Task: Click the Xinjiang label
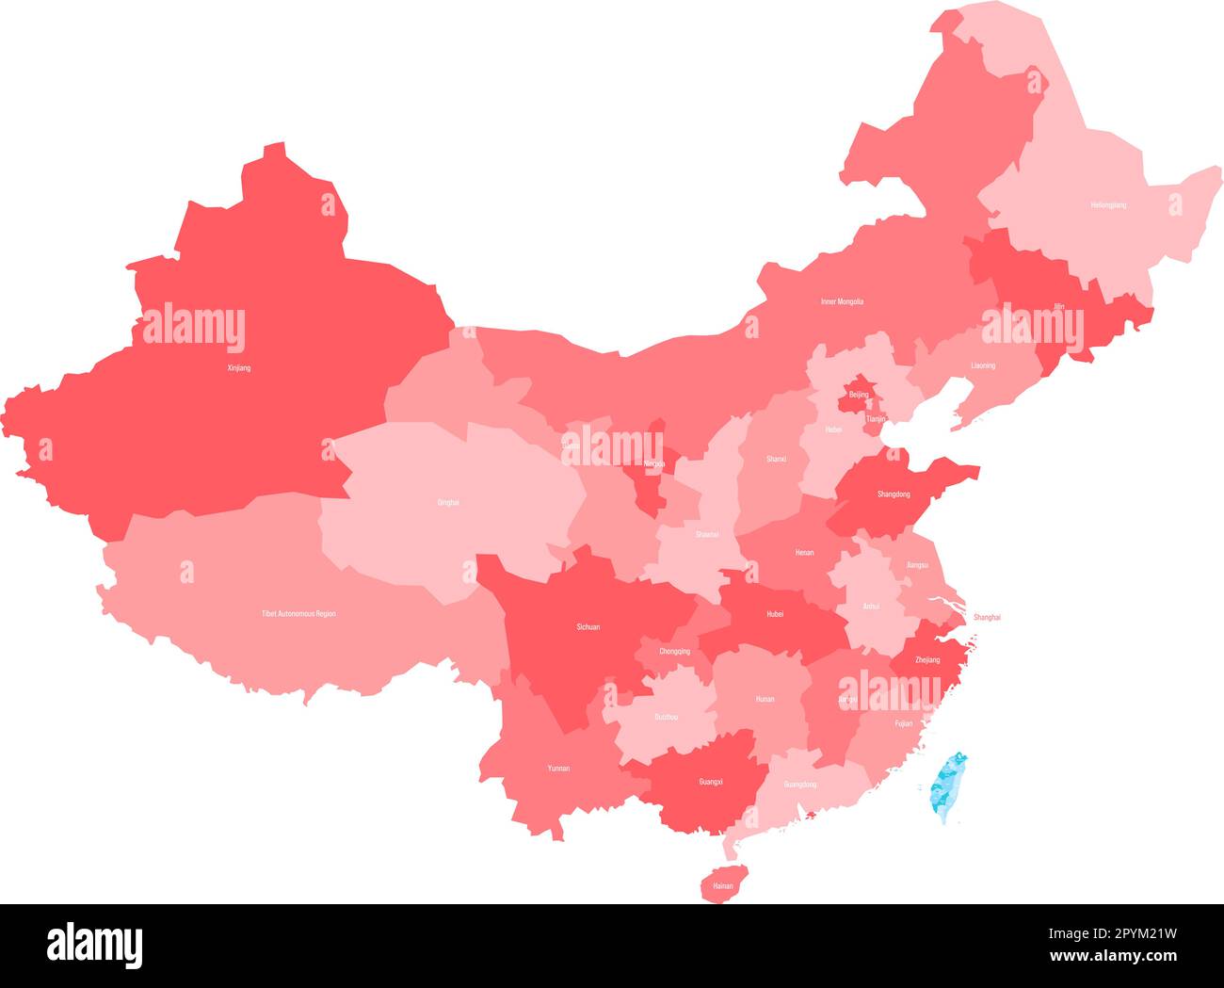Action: point(239,367)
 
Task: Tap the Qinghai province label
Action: point(448,502)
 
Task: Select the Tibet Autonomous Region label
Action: point(298,613)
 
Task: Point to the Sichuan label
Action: point(588,626)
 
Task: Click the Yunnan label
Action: point(558,769)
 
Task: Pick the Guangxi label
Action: point(711,782)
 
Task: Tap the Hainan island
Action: point(722,884)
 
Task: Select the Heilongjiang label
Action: point(1108,204)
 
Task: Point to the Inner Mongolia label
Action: point(842,301)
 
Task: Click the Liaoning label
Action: point(982,365)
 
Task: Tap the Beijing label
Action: point(859,395)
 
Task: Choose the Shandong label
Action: point(894,494)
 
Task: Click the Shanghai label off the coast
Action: point(987,617)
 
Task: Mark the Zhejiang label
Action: point(927,660)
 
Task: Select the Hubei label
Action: point(775,613)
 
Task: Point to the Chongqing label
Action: point(674,651)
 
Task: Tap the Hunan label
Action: point(765,699)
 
